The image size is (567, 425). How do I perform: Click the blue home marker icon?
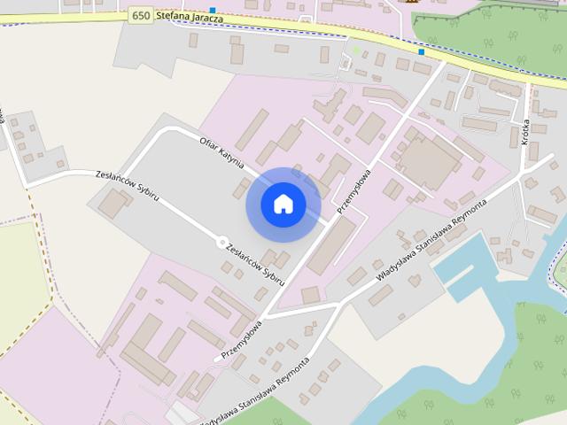click(x=283, y=205)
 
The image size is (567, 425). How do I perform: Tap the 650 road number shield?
click(x=139, y=15)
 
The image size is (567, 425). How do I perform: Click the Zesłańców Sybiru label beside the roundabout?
click(x=255, y=264)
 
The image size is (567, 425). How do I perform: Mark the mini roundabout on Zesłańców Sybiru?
click(x=221, y=242)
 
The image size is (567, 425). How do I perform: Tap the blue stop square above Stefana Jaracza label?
click(x=212, y=9)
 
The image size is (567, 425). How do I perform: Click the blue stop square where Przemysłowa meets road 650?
click(x=422, y=52)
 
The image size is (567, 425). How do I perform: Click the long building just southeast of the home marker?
click(x=332, y=244)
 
